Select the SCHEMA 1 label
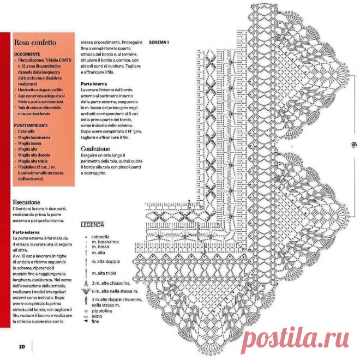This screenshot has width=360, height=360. pyautogui.click(x=159, y=43)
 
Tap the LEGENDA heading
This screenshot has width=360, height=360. pyautogui.click(x=93, y=225)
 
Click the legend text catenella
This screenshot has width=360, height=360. pyautogui.click(x=101, y=237)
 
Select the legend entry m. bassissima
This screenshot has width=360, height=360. pyautogui.click(x=106, y=242)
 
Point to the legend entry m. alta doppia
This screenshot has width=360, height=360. pyautogui.click(x=105, y=262)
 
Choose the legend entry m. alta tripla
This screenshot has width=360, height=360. pyautogui.click(x=104, y=273)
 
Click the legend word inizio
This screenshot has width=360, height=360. pyautogui.click(x=97, y=316)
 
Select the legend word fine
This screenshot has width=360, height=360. pyautogui.click(x=96, y=321)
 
